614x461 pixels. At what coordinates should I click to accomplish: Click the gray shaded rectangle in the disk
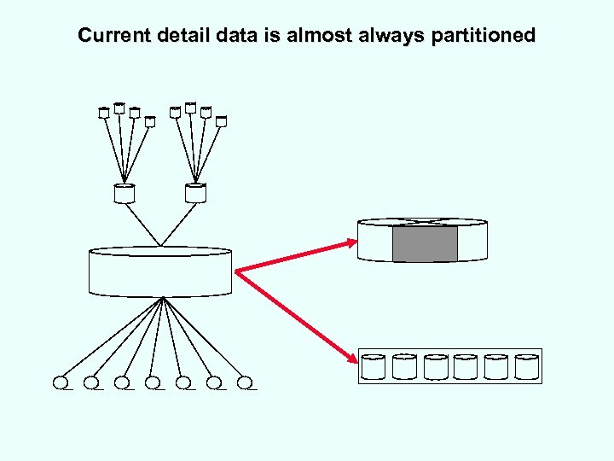[424, 243]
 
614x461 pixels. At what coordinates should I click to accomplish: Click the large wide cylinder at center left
[160, 271]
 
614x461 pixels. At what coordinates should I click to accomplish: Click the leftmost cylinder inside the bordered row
[374, 366]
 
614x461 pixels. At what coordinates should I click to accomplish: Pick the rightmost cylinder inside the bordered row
[527, 366]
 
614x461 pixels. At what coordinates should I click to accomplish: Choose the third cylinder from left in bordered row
[435, 366]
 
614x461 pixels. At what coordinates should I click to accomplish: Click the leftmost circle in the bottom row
[61, 382]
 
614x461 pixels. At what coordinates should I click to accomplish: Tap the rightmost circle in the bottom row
[246, 382]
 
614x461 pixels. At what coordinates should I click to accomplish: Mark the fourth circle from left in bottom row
[153, 382]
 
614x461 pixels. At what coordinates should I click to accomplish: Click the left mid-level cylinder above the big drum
[125, 194]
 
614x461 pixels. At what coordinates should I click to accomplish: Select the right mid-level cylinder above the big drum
[195, 194]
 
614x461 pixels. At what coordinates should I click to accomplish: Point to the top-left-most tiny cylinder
[104, 112]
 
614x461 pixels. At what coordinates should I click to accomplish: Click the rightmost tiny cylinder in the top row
[221, 121]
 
